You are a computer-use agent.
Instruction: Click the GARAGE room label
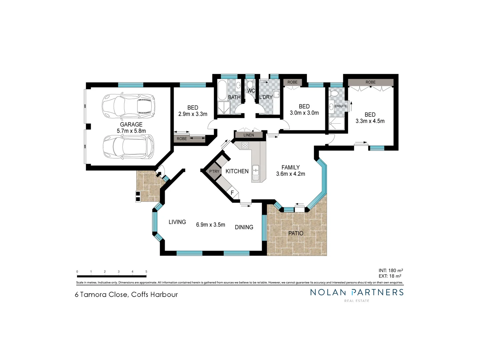(x=131, y=124)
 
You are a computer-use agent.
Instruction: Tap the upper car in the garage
(x=128, y=106)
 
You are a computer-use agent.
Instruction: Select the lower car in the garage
(x=128, y=147)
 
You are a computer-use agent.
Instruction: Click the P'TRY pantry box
(x=214, y=171)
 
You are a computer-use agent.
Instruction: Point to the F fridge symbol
(x=232, y=193)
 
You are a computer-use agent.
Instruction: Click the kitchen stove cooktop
(x=245, y=145)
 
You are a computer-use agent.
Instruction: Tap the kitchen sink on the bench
(x=256, y=172)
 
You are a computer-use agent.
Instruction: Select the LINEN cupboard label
(x=249, y=135)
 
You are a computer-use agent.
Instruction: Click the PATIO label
(x=296, y=233)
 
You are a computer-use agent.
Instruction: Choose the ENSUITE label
(x=340, y=106)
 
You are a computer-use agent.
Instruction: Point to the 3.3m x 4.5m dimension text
(x=370, y=121)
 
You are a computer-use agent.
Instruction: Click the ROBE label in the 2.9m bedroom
(x=182, y=139)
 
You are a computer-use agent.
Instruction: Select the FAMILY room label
(x=290, y=167)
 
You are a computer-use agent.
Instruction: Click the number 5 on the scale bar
(x=146, y=272)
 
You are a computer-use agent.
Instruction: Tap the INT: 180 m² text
(x=391, y=270)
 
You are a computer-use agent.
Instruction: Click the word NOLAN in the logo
(x=328, y=292)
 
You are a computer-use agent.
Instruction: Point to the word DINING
(x=244, y=227)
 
